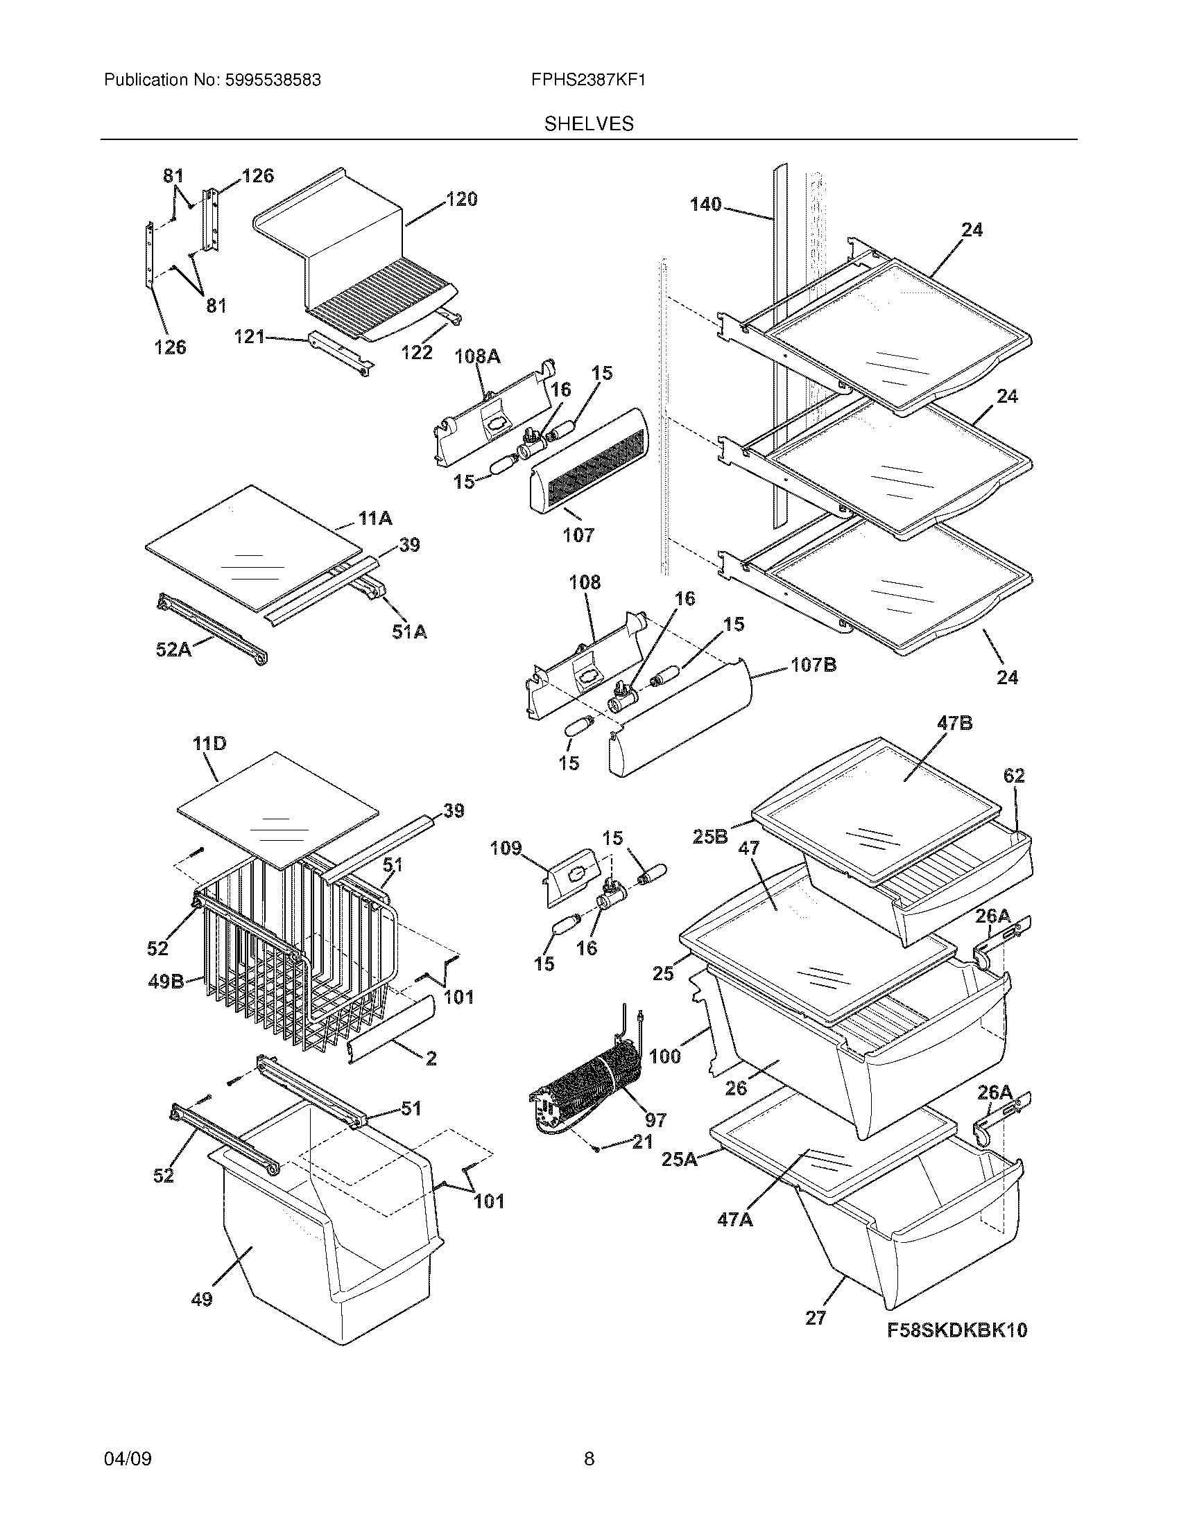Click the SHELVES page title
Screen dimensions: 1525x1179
click(589, 124)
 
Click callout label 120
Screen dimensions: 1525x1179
click(462, 200)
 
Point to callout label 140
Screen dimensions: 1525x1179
click(705, 204)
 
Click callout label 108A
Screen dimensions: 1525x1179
click(477, 356)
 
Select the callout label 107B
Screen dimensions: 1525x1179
click(814, 665)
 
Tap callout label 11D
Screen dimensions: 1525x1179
click(209, 744)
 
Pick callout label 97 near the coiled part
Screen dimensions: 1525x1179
click(655, 1120)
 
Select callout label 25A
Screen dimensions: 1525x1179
click(680, 1160)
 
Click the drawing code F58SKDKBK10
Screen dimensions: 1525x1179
click(957, 1330)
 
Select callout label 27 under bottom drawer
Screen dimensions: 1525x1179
click(815, 1318)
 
